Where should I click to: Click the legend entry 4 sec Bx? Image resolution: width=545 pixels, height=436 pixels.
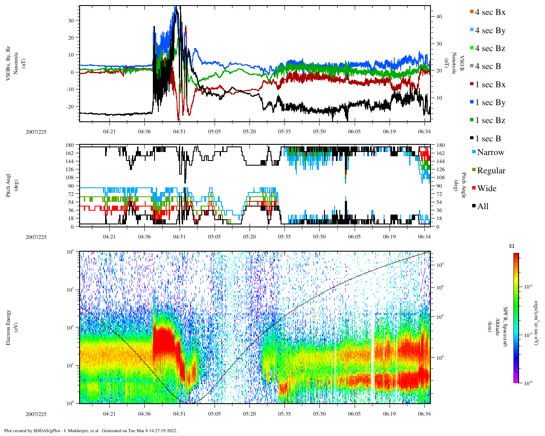point(490,12)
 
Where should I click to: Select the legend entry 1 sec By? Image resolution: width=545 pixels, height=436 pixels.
point(490,103)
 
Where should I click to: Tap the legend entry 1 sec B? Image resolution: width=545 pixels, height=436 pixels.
point(488,139)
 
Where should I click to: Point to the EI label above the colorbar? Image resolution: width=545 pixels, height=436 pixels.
point(512,246)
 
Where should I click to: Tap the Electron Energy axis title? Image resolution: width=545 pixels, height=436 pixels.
point(9,327)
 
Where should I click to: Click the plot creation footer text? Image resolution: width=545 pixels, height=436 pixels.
point(91,430)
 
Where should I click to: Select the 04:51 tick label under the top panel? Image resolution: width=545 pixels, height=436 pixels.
point(179,132)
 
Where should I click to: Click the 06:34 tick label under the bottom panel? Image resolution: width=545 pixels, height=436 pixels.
point(424,414)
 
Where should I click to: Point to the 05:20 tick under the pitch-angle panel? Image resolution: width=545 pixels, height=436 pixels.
point(250,237)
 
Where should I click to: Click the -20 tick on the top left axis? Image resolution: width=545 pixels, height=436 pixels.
point(70,107)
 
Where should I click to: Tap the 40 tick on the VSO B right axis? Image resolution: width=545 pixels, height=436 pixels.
point(439,17)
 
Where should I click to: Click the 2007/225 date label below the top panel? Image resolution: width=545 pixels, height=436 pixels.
point(36,132)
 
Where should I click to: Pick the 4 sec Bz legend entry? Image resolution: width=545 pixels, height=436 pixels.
point(490,49)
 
